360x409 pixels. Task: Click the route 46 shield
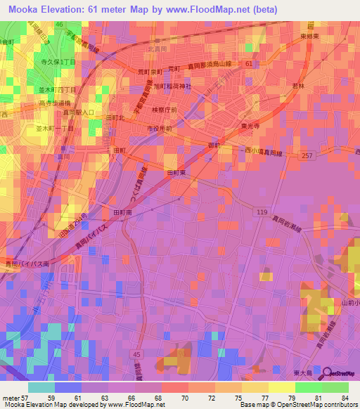point(60,24)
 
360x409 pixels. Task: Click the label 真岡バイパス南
point(27,264)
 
